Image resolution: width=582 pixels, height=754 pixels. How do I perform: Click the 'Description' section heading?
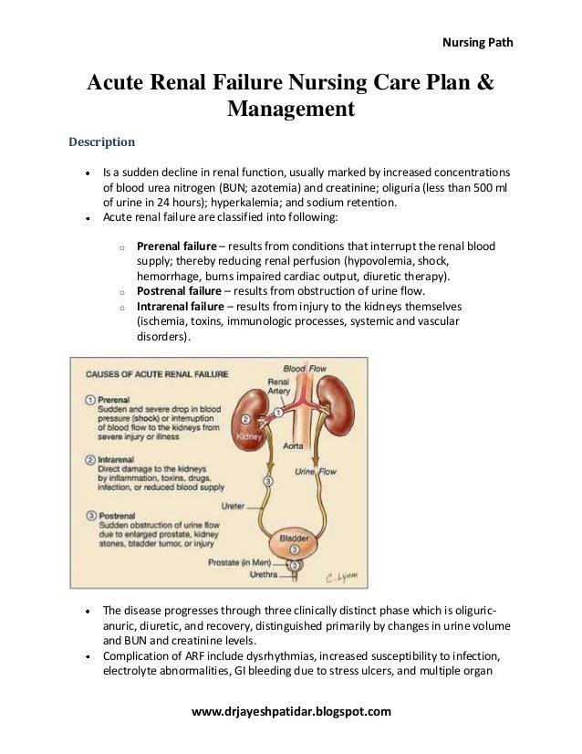103,141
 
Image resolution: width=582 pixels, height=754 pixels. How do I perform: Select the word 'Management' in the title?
290,110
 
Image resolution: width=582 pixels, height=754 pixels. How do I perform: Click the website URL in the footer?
290,710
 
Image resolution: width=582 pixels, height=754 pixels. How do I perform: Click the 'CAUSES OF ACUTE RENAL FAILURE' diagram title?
156,373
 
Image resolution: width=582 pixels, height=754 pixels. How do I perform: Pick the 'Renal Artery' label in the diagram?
278,384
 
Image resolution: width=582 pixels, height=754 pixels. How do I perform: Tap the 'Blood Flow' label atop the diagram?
304,368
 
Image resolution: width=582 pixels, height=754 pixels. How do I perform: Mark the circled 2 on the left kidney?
244,420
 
